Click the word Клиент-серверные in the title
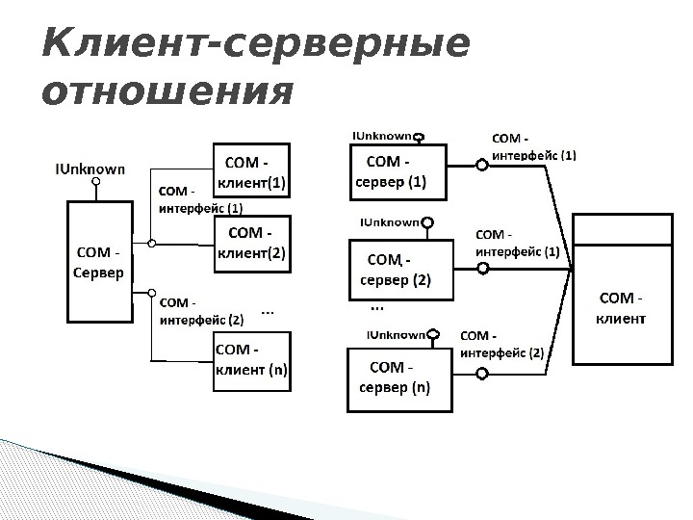click(255, 45)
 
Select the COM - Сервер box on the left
click(98, 262)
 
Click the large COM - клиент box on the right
click(622, 306)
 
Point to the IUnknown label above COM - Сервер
click(89, 169)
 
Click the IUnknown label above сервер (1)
click(382, 137)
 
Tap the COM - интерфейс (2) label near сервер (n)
click(502, 344)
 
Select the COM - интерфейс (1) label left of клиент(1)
click(199, 199)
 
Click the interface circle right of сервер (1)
click(483, 165)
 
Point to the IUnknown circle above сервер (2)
click(428, 224)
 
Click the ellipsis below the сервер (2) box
click(376, 308)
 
